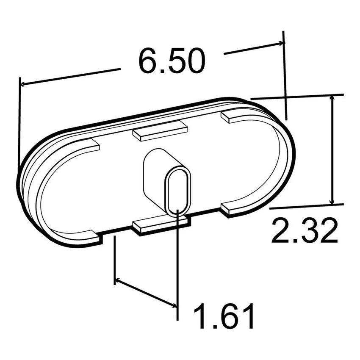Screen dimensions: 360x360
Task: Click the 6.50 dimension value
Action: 172,62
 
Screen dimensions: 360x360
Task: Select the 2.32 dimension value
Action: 304,231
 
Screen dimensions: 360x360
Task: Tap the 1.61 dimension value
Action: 224,316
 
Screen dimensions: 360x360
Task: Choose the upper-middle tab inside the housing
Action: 160,130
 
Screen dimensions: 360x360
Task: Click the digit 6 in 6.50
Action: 147,62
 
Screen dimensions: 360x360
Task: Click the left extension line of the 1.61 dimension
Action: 115,258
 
